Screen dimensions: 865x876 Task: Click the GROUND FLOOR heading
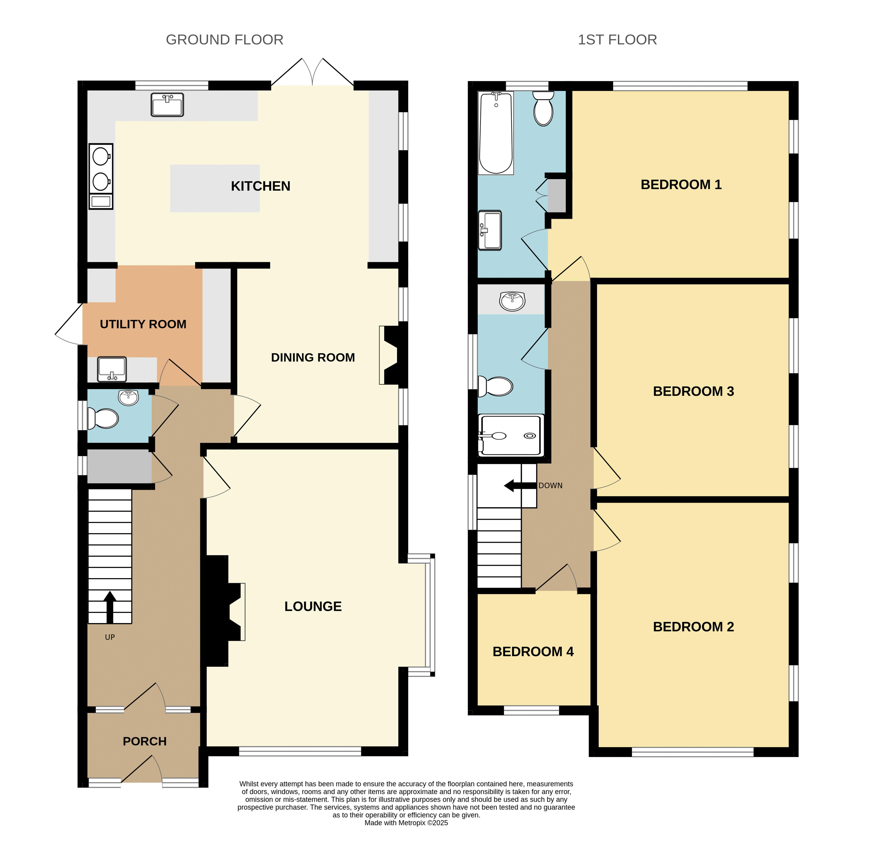pos(225,40)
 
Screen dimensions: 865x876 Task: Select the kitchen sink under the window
pos(167,105)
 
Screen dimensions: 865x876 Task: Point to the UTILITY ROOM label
pos(143,324)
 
